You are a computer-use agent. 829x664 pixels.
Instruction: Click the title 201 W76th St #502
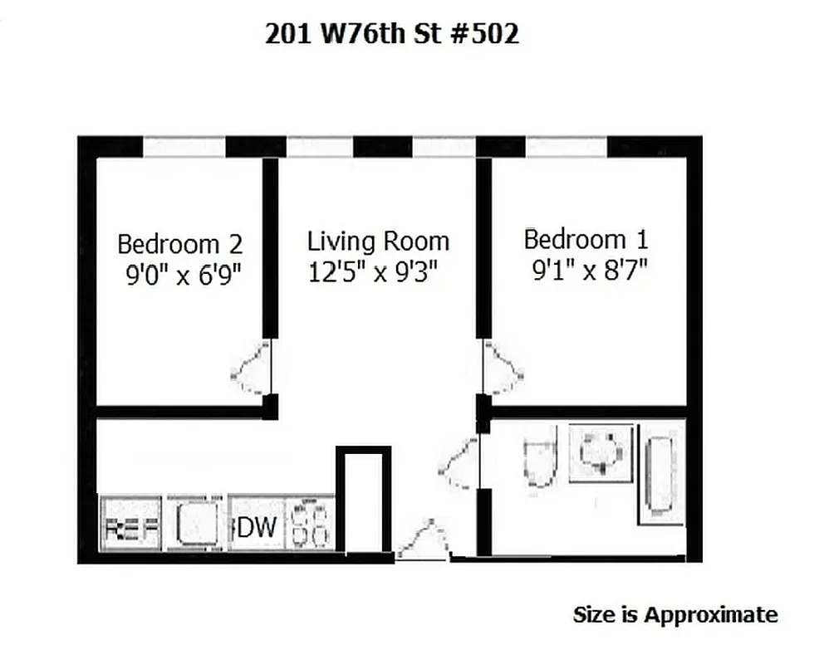point(391,33)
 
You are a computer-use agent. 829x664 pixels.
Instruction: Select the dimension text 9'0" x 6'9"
point(183,275)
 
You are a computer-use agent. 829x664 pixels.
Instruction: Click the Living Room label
point(378,242)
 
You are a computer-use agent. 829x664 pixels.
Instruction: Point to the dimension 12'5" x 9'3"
point(373,271)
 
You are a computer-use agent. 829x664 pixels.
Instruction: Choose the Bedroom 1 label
point(586,240)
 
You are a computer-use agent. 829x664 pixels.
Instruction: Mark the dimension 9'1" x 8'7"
point(590,271)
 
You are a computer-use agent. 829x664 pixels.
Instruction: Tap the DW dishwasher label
point(258,525)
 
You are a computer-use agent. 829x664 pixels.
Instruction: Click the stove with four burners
point(311,525)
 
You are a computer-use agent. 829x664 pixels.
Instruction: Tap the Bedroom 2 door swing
point(252,370)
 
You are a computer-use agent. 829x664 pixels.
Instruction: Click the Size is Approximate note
point(675,615)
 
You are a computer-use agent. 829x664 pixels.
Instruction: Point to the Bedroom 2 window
point(184,147)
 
